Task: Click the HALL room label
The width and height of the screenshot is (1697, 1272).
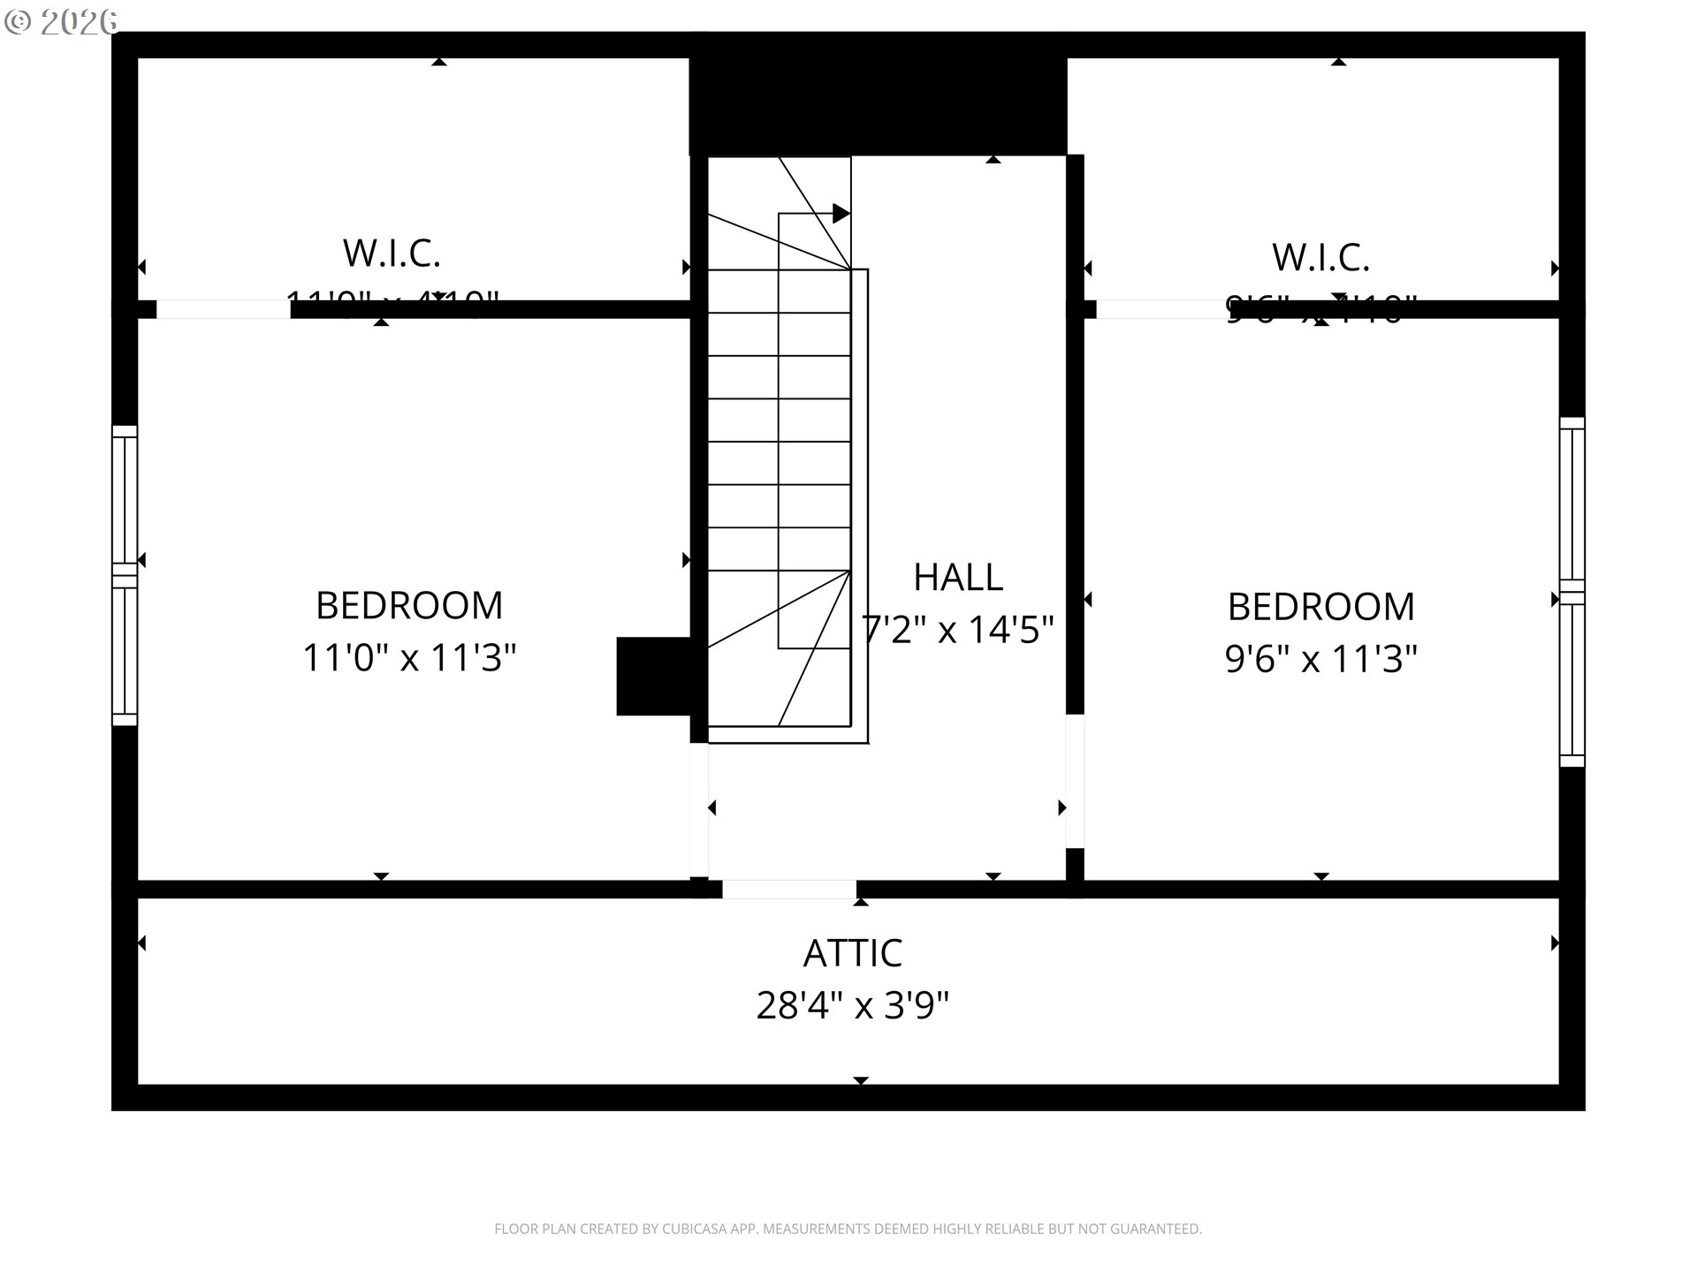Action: point(957,578)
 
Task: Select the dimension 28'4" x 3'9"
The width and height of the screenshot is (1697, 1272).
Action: point(852,1005)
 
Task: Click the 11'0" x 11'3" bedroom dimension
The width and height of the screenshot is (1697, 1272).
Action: point(408,658)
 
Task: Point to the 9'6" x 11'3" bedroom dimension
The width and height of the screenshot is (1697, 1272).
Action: point(1320,659)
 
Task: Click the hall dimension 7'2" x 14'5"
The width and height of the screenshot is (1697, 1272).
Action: point(958,630)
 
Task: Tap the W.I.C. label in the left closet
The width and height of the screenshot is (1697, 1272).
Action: point(392,254)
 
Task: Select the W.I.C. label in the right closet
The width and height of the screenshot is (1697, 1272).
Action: point(1320,258)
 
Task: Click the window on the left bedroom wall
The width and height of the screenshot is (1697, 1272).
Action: point(125,575)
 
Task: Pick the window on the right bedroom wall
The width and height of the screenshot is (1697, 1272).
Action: point(1571,592)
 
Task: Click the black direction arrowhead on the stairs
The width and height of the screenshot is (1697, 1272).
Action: point(841,214)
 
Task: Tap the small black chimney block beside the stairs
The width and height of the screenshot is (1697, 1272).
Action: point(652,676)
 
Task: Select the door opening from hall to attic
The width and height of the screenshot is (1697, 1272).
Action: point(788,889)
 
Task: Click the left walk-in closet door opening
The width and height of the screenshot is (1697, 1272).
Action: point(223,309)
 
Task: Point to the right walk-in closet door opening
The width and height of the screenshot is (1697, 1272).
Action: point(1160,309)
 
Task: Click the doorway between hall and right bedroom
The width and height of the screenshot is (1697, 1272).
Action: point(1075,781)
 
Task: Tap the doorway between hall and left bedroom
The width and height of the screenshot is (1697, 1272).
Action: point(698,809)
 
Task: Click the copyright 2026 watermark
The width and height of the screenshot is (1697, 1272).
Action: point(61,21)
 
